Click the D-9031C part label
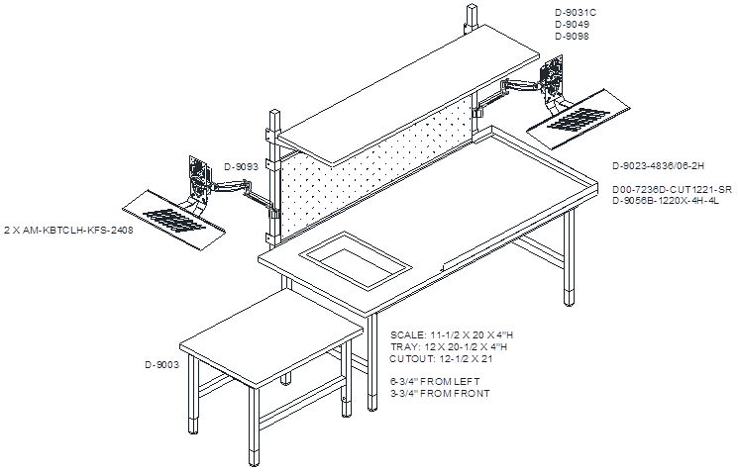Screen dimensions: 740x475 coord(576,13)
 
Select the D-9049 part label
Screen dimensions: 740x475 coord(572,25)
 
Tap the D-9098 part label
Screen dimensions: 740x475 coord(572,37)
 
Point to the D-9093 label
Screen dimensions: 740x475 coord(241,167)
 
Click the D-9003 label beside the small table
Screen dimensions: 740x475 coord(161,365)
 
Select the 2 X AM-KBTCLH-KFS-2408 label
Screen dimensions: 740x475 coord(69,231)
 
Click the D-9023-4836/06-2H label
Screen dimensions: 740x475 coord(659,166)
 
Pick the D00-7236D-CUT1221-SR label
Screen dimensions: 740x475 coord(672,189)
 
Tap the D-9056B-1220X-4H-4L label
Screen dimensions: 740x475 coord(666,201)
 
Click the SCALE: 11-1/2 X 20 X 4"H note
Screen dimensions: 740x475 coord(452,335)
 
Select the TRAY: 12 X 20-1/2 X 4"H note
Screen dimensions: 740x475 coord(449,347)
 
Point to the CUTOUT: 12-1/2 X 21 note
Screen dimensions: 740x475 coord(442,359)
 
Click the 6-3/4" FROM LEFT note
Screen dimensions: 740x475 coord(435,381)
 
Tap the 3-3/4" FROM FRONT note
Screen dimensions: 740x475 coord(440,393)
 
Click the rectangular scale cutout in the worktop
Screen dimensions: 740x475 coord(355,259)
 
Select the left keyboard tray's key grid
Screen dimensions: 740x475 coord(174,220)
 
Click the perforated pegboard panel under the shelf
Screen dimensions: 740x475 coord(376,168)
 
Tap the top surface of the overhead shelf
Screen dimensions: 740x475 coord(408,94)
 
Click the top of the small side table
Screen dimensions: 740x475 coord(271,339)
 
